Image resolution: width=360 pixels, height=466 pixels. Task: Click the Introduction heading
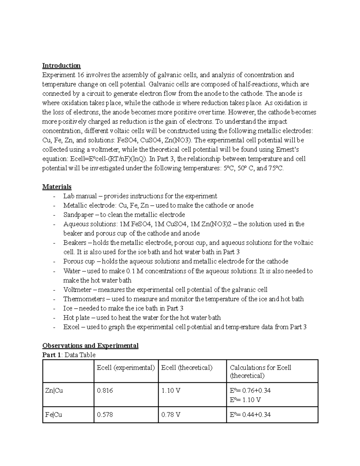(61, 65)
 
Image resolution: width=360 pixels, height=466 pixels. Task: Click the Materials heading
(57, 187)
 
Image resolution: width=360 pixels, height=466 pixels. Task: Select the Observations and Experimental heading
(90, 345)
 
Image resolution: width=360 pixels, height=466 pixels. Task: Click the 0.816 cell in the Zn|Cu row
(105, 390)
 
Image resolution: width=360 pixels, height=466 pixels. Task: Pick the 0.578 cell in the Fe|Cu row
(105, 415)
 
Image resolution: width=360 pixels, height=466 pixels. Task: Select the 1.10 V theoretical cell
(171, 390)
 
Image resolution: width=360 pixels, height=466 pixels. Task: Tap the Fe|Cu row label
(54, 415)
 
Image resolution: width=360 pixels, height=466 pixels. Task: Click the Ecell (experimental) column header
(126, 368)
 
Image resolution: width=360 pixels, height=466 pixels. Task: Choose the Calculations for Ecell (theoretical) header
(260, 371)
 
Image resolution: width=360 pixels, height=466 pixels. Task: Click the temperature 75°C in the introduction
(276, 168)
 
